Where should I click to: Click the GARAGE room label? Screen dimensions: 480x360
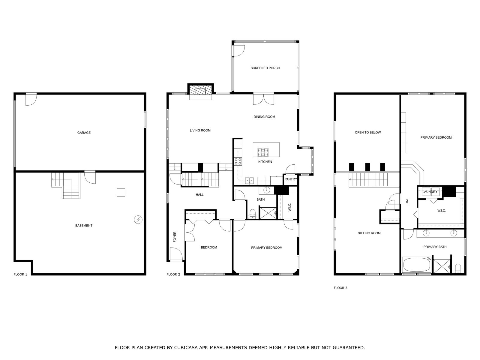(84, 133)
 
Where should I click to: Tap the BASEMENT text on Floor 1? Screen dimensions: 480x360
(84, 226)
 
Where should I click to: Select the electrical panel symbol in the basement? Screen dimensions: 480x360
(138, 220)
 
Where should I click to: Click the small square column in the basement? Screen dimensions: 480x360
(121, 192)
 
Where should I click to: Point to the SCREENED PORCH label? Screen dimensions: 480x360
(265, 68)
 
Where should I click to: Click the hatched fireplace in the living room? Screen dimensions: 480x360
(200, 91)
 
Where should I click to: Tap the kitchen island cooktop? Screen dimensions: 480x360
(263, 152)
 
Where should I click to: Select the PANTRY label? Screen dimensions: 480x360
(290, 179)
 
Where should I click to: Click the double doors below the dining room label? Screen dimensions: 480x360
(263, 100)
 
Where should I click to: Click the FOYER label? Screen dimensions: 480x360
(175, 237)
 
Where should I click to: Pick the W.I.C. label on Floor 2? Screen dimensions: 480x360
(290, 207)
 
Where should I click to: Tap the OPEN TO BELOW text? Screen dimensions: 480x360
(367, 132)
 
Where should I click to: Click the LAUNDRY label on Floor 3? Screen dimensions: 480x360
(430, 192)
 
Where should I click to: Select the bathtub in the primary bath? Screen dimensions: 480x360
(417, 265)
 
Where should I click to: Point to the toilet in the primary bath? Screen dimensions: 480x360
(458, 268)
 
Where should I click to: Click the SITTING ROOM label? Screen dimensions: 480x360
(369, 233)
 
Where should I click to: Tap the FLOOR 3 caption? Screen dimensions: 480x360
(340, 288)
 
